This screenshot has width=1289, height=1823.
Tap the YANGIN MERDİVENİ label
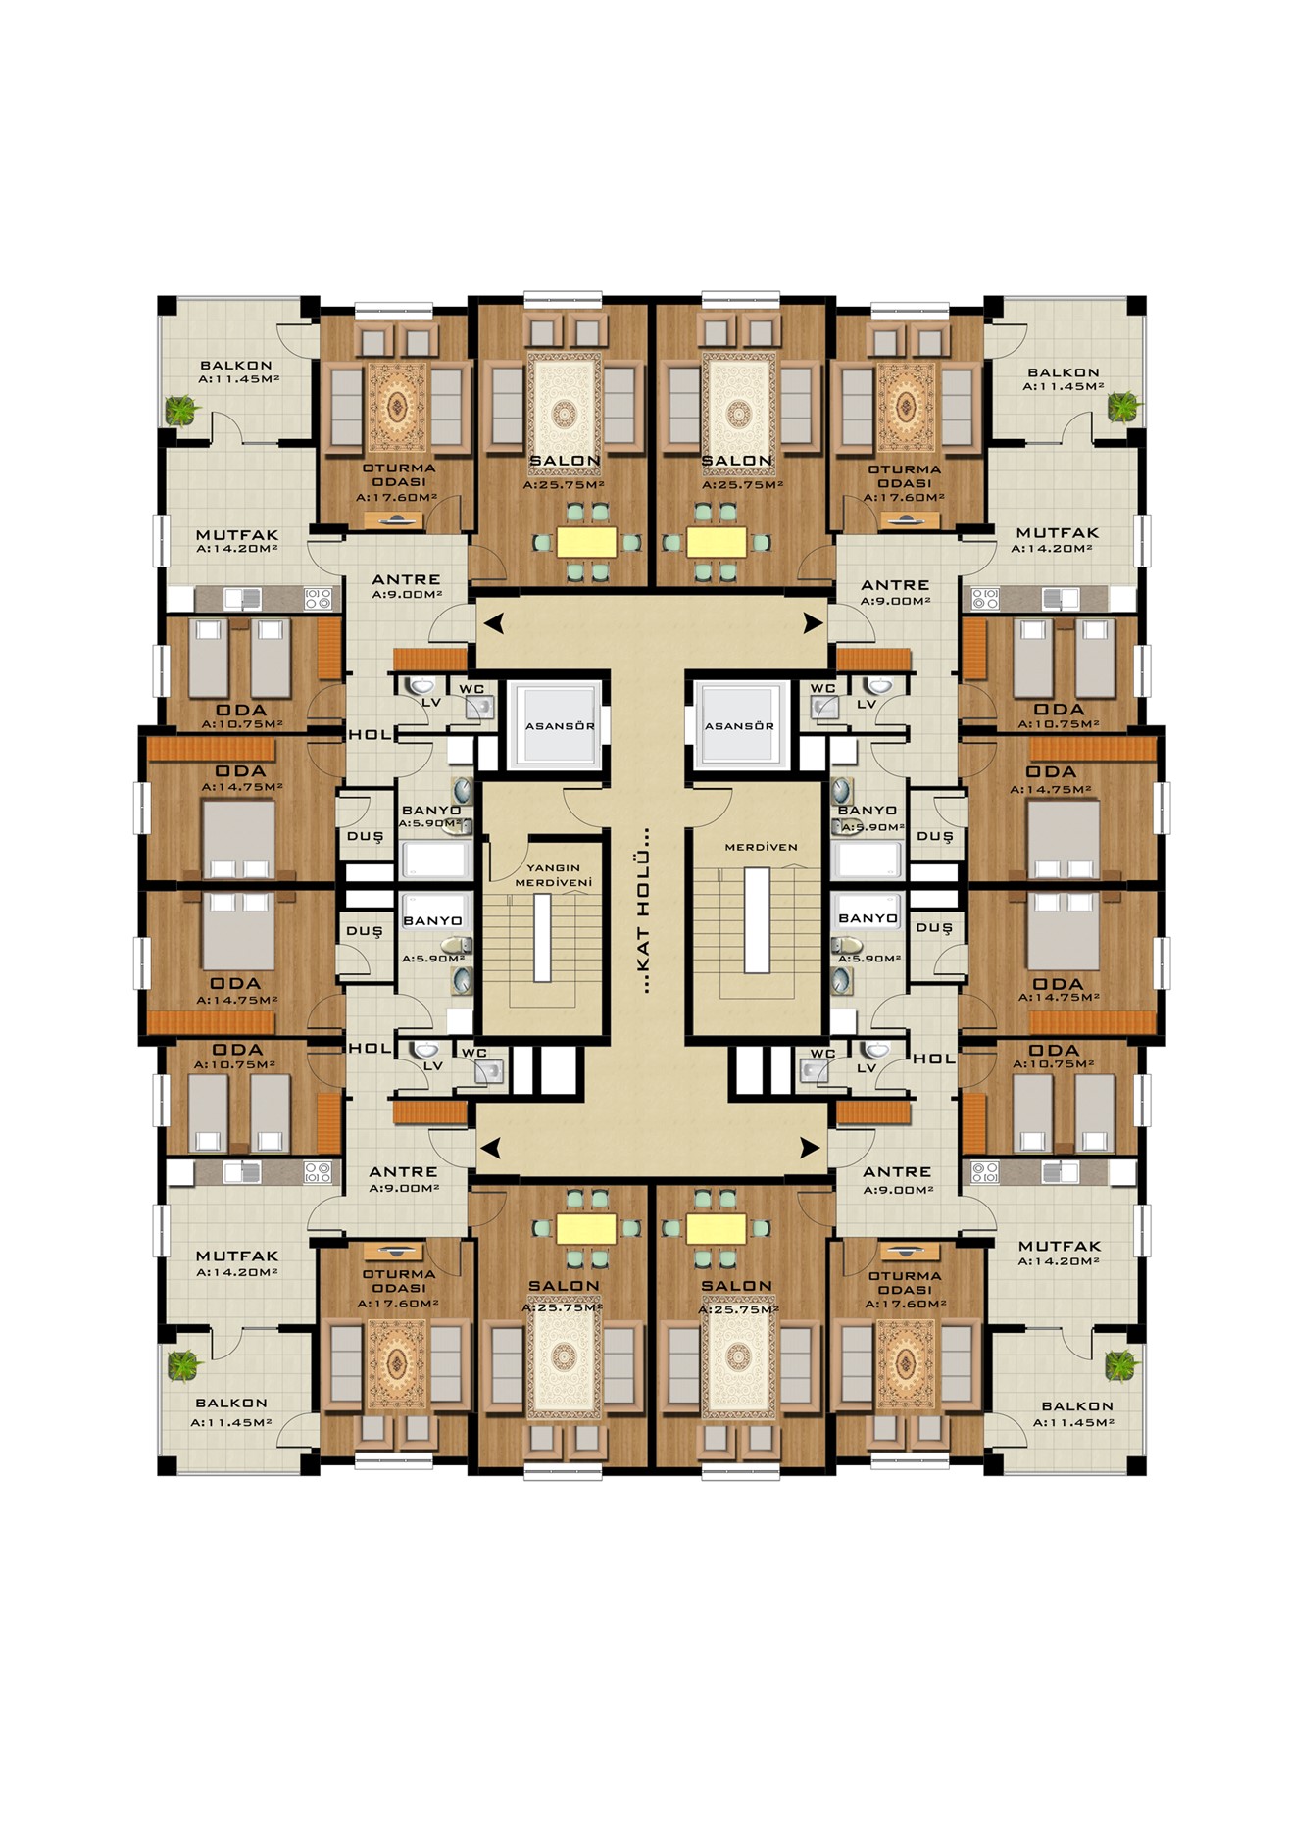point(554,875)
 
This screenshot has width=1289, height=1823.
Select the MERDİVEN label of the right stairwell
point(761,847)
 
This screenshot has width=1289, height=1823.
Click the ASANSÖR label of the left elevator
point(560,726)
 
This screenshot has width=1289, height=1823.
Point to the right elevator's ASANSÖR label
point(739,726)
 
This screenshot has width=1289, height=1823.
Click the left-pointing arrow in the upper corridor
point(494,621)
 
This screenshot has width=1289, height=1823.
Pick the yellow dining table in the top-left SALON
point(586,542)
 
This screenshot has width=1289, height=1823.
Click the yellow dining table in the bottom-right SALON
point(716,1229)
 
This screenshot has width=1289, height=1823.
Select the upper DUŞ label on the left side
point(365,836)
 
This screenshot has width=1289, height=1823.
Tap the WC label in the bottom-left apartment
point(474,1054)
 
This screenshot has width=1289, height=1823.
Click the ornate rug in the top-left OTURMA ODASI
point(397,403)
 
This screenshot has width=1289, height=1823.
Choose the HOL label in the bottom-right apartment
point(934,1059)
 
